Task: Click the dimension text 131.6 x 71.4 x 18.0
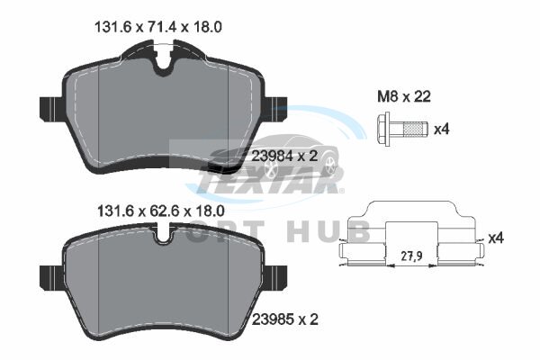point(158,27)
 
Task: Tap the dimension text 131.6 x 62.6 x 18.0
point(161,211)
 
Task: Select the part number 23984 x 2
point(284,157)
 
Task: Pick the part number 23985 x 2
point(285,319)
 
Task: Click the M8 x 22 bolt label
point(404,97)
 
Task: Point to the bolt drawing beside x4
point(402,130)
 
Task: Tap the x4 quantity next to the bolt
point(442,130)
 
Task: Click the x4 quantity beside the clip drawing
point(496,238)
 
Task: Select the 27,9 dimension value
point(412,256)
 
